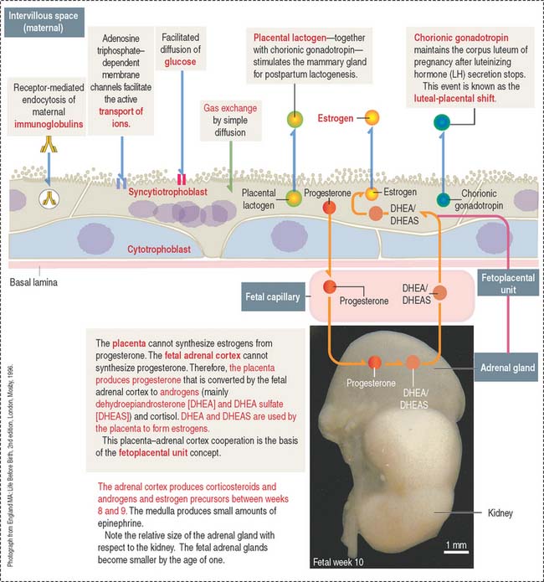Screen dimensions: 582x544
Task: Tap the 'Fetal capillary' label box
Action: click(x=272, y=296)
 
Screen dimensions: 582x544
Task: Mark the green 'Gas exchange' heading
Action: click(x=226, y=109)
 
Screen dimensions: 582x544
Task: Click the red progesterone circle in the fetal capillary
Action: click(x=330, y=287)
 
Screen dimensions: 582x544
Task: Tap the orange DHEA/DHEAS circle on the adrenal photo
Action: click(x=413, y=363)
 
